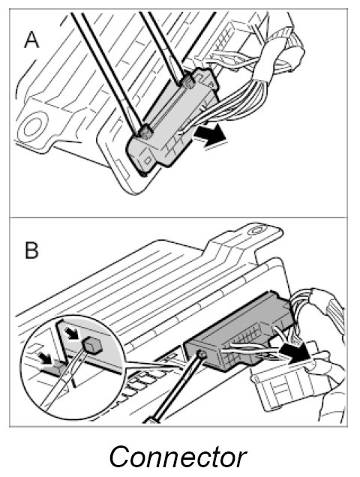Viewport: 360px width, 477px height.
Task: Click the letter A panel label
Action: point(31,40)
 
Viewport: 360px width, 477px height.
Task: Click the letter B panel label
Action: point(31,250)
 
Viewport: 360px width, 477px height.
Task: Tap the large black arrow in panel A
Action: point(211,137)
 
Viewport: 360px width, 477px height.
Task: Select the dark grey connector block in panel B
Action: point(241,331)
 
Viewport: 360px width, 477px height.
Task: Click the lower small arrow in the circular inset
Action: point(44,358)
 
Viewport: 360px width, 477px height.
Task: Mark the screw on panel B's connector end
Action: point(202,354)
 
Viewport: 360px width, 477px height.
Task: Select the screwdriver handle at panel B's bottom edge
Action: point(151,419)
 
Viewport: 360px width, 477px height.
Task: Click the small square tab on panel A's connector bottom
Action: point(148,160)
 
